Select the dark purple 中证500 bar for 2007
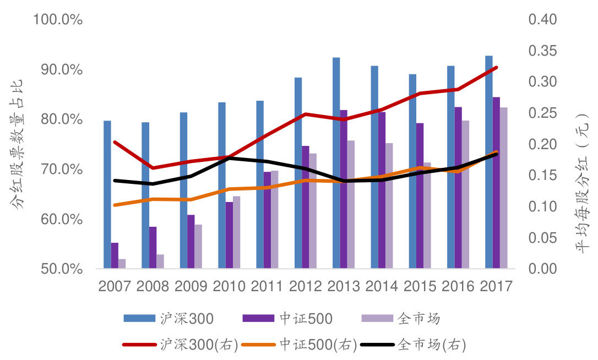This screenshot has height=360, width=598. [x=115, y=256]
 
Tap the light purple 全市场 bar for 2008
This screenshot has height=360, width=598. [x=160, y=261]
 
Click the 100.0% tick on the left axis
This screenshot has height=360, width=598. [x=58, y=20]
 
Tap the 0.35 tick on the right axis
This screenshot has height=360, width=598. [x=543, y=51]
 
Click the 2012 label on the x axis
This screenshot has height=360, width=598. [x=306, y=286]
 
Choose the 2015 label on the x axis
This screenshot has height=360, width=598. [x=420, y=286]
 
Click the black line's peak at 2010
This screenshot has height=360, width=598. [x=229, y=158]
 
